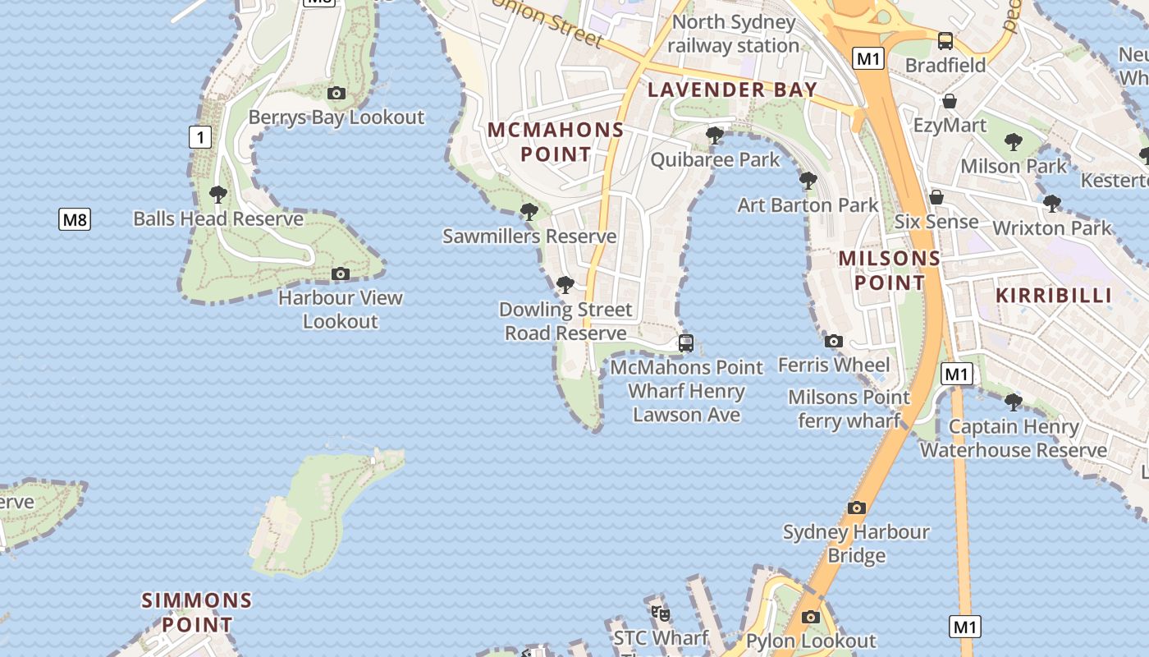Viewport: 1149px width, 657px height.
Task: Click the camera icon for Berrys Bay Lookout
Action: [336, 94]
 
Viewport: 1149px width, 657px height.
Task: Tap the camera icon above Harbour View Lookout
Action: [341, 273]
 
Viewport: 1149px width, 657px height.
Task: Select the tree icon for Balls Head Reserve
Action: [218, 195]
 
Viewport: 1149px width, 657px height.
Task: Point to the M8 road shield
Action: [75, 219]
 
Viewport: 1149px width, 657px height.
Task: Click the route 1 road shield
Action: [200, 136]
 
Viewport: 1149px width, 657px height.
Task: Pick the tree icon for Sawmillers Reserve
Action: [529, 213]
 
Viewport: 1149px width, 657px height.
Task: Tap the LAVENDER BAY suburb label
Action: [733, 90]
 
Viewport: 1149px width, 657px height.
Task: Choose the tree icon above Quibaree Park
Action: [715, 136]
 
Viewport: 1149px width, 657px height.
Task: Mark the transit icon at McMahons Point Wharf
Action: [686, 343]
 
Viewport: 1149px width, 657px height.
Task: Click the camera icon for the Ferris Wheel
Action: [834, 341]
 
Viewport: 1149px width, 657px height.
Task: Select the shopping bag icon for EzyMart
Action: [950, 102]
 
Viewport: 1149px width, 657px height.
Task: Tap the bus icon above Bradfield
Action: [945, 41]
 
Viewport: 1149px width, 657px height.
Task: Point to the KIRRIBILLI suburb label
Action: [1054, 295]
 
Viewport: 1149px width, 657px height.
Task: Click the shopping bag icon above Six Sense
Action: [936, 197]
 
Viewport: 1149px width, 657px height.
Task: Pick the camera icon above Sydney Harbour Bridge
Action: [857, 508]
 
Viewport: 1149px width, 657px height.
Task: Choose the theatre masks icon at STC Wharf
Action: [661, 613]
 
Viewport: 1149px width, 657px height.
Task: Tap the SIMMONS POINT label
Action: [197, 612]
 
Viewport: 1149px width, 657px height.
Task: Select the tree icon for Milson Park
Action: [1014, 142]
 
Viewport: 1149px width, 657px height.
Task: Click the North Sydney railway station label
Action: [733, 34]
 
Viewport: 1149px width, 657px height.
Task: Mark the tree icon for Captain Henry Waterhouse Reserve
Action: [1014, 402]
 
